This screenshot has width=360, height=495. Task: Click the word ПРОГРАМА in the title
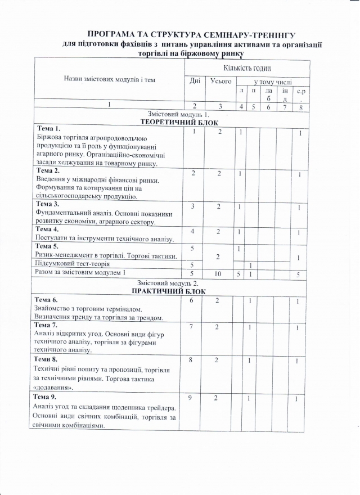tap(110, 35)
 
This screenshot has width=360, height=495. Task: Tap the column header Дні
tap(195, 80)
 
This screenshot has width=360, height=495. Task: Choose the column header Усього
tap(221, 80)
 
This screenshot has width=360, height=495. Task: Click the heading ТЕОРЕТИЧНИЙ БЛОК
tap(179, 121)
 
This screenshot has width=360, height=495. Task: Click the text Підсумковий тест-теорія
tap(73, 263)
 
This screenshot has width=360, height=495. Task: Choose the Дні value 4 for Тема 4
tap(193, 232)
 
